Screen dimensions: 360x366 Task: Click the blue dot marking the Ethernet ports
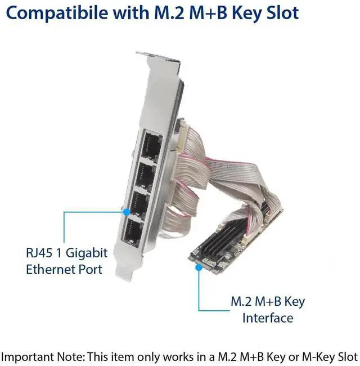tap(127, 212)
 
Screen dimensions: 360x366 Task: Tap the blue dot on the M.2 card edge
tap(199, 268)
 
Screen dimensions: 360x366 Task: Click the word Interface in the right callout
tap(268, 318)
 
